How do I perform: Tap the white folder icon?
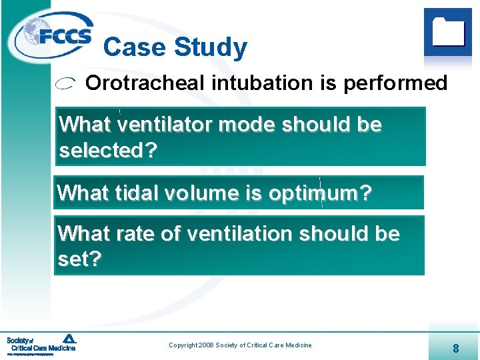click(448, 31)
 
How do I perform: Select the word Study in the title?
click(210, 47)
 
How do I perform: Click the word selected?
click(108, 151)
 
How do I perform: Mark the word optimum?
click(320, 193)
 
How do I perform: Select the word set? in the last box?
click(79, 259)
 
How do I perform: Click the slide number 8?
click(455, 348)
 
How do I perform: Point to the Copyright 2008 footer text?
click(240, 345)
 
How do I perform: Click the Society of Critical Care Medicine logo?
click(41, 344)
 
